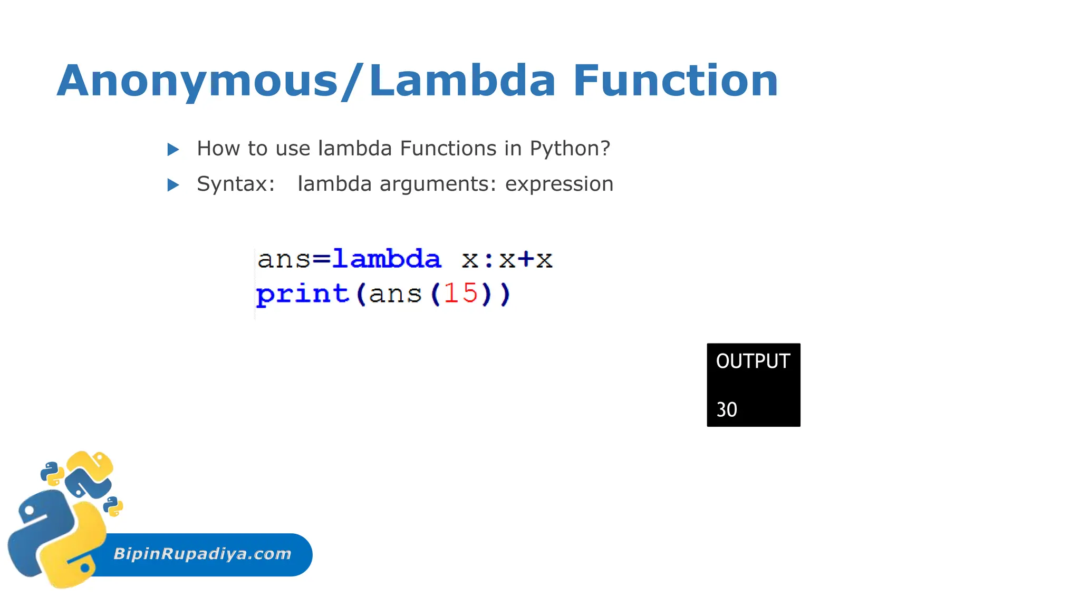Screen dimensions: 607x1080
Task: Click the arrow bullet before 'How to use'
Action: pos(173,150)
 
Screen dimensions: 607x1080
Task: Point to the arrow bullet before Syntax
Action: pos(173,185)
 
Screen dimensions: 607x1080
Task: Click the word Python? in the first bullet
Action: pos(570,149)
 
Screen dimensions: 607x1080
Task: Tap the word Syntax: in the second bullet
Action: pos(236,184)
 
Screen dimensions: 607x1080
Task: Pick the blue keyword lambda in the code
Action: pos(387,259)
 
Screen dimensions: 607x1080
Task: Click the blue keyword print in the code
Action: pos(302,294)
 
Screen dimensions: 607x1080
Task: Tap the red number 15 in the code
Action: pos(460,293)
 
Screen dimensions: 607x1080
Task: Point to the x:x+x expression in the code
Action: pos(507,259)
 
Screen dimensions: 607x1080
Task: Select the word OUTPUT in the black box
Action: pos(753,361)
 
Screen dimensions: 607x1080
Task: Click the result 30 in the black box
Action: pos(726,409)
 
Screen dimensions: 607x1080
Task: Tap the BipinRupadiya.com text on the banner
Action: pos(202,554)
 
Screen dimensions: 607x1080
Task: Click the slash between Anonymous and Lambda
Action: pos(352,81)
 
